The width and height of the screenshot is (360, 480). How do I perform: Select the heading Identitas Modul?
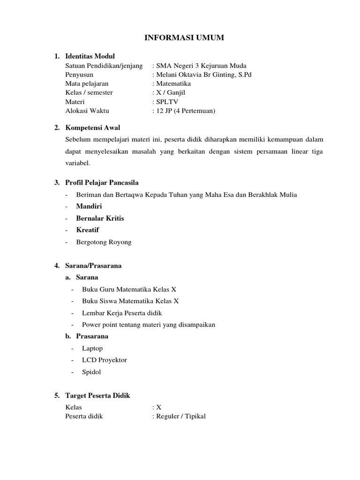[x=90, y=56]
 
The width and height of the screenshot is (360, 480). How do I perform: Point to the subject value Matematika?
[x=173, y=84]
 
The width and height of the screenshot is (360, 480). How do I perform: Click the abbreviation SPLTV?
[x=165, y=102]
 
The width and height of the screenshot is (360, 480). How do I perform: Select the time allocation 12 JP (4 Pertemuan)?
[x=185, y=111]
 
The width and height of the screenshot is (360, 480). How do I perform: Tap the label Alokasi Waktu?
[x=87, y=111]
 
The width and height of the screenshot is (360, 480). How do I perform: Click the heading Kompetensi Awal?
[x=93, y=127]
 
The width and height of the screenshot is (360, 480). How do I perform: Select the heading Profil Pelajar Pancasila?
[x=102, y=182]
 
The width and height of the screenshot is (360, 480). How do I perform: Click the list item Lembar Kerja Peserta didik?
[x=121, y=313]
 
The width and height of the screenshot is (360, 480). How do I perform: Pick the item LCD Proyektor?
[x=104, y=360]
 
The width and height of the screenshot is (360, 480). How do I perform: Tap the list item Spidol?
[x=91, y=372]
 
